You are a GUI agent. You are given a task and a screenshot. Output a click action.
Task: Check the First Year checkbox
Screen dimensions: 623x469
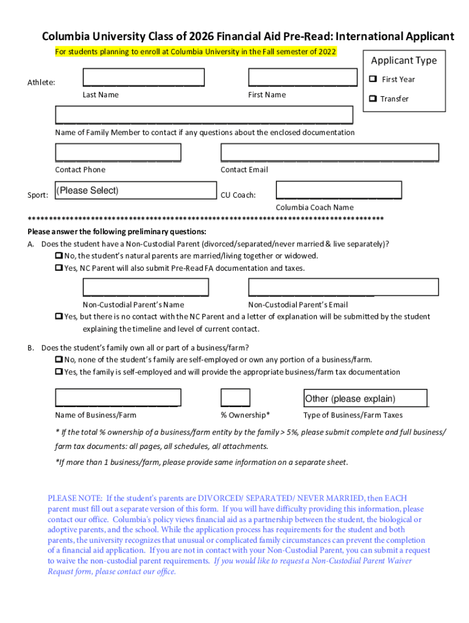[x=373, y=80]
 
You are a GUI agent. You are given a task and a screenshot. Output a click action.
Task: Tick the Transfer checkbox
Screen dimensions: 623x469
[x=373, y=99]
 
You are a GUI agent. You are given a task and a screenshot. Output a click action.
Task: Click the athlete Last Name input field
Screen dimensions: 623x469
[x=143, y=78]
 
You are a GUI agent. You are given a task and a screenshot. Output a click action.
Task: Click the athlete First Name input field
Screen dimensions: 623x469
[x=302, y=78]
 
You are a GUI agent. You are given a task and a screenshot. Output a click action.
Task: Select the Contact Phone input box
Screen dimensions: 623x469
[x=118, y=152]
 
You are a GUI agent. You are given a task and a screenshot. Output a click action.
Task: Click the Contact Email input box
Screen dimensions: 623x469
[x=330, y=152]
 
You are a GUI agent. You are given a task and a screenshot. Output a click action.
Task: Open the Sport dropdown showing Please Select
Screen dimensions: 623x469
[x=135, y=191]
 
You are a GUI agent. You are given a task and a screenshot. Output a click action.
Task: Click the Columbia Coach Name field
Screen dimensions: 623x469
[x=339, y=190]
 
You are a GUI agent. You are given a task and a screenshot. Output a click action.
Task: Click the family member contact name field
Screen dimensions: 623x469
[x=204, y=115]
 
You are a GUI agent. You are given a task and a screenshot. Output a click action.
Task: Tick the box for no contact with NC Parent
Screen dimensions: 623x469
[x=59, y=317]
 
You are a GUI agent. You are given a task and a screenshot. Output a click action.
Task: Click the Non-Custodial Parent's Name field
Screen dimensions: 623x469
[x=146, y=287]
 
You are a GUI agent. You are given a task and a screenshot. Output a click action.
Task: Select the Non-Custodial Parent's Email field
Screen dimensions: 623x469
[x=343, y=287]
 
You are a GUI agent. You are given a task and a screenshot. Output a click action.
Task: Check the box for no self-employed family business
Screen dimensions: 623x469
[x=59, y=360]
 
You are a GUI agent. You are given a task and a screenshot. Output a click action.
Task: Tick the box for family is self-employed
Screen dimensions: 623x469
[x=59, y=372]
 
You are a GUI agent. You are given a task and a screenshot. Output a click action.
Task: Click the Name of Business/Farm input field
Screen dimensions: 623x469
[x=118, y=397]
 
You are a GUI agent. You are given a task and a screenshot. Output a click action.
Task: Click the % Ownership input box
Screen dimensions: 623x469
[x=235, y=397]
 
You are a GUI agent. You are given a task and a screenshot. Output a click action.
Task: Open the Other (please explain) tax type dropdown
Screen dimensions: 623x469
[x=365, y=399]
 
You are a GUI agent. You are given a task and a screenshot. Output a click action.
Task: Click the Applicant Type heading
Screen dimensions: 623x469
[x=404, y=60]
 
